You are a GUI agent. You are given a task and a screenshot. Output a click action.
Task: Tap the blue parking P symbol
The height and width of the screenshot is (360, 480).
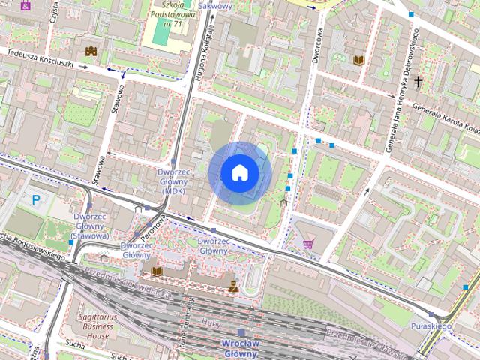(x=35, y=200)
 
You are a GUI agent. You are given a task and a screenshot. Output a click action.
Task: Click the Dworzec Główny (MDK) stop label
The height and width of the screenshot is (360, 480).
(x=174, y=181)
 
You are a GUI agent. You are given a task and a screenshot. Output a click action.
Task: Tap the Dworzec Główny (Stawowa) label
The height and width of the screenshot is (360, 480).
(x=91, y=226)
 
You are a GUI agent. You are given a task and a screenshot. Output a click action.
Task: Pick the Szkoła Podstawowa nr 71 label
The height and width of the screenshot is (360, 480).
(x=172, y=14)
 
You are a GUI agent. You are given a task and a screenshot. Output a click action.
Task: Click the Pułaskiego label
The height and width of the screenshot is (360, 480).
(x=431, y=326)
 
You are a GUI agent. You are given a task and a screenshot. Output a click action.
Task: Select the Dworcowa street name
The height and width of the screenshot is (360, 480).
(x=319, y=46)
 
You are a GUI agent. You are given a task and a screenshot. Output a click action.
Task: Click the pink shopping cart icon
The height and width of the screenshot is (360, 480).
(x=308, y=243)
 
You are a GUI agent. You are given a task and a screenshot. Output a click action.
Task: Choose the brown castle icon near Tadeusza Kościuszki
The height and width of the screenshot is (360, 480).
(x=91, y=51)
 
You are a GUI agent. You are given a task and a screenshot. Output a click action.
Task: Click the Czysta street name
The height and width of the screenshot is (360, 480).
(x=53, y=14)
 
